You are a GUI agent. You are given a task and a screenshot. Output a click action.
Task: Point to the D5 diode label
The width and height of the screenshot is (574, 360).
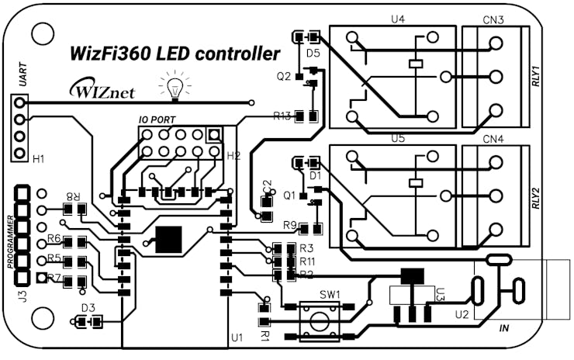[313, 54]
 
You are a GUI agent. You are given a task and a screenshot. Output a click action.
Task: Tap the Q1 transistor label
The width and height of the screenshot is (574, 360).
[290, 196]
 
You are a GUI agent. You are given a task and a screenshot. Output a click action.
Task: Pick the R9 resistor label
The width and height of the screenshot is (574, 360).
[290, 226]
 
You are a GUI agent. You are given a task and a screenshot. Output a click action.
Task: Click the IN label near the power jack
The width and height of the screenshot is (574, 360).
[505, 330]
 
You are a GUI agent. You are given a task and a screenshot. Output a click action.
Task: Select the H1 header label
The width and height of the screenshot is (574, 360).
[38, 159]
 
